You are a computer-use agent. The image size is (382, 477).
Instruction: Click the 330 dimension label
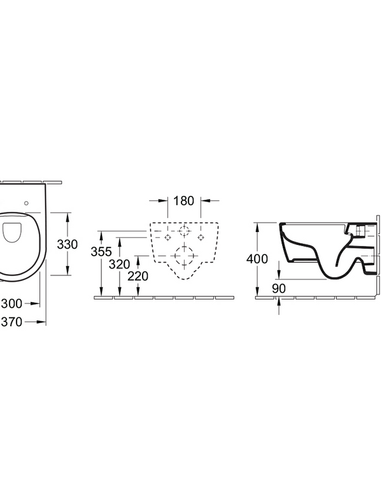tap(67, 244)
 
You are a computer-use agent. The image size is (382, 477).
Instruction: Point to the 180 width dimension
tap(183, 202)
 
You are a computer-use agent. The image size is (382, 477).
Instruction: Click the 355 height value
tap(102, 252)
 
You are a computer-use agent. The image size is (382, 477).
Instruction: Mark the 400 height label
tap(258, 259)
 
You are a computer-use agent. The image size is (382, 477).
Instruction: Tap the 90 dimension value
tap(279, 288)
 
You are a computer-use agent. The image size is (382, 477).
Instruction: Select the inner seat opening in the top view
tap(13, 233)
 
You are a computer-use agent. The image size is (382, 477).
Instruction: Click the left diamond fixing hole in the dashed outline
tap(168, 237)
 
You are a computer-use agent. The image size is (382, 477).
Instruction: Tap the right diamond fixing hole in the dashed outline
tap(201, 237)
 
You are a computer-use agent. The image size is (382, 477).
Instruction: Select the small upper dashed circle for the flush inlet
tap(185, 230)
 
